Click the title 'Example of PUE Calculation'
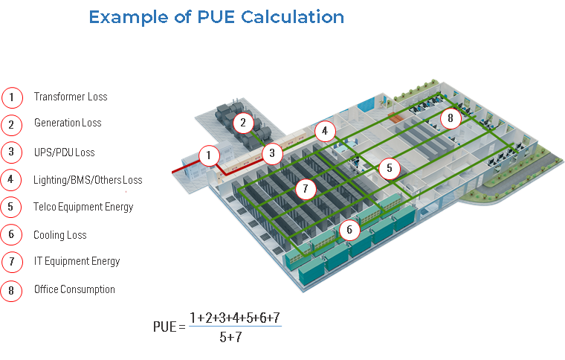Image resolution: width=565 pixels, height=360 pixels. coord(216,17)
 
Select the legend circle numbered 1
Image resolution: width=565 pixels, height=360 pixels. coord(12,97)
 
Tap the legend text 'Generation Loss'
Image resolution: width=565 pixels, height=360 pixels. coord(68,123)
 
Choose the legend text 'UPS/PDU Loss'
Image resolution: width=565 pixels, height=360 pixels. coord(65,152)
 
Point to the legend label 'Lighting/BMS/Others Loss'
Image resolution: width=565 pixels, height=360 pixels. coord(88,180)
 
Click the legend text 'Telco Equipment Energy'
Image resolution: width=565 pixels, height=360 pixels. coord(83,207)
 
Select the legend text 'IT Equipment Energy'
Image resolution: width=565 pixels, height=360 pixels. coord(77,261)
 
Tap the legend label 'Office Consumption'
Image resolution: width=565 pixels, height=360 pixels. coord(74,289)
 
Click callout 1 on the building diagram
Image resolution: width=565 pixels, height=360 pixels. coord(210,155)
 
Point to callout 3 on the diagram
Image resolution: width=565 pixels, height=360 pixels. coord(273,154)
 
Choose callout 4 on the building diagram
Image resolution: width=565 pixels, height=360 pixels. coord(323,132)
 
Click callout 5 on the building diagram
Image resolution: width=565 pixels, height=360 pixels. coord(389,169)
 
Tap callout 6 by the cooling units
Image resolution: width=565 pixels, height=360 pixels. coord(349,230)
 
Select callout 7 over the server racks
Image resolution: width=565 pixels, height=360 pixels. coord(305,189)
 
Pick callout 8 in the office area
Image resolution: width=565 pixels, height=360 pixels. coord(451,118)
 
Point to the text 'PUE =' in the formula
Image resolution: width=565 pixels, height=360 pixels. coord(168,327)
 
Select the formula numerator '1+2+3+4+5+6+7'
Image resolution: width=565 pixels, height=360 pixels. coord(235,318)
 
